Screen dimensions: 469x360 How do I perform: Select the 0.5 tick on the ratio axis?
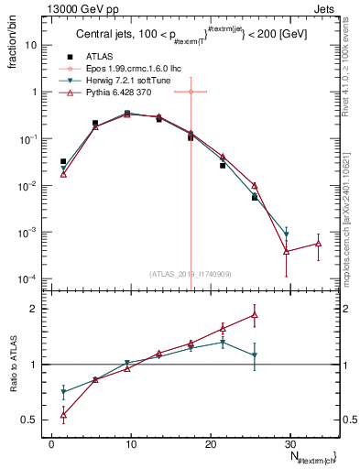[x=31, y=420]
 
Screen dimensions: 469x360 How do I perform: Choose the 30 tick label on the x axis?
[x=290, y=444]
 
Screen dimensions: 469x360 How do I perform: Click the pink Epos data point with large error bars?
[x=191, y=92]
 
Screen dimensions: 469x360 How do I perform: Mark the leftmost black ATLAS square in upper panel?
[x=63, y=161]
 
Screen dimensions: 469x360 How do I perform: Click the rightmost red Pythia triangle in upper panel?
[x=318, y=244]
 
